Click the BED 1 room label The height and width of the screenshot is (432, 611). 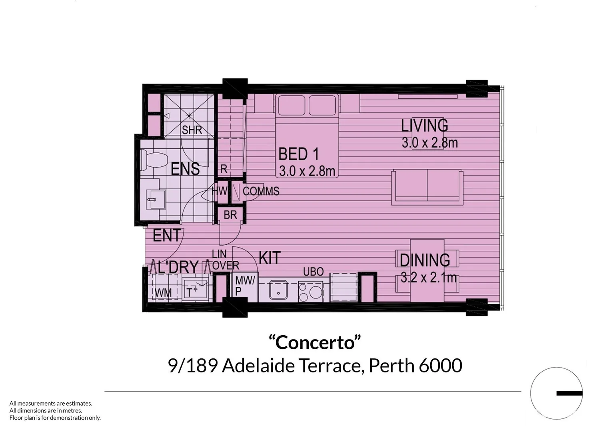coord(298,154)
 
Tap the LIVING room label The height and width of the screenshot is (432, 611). coord(424,126)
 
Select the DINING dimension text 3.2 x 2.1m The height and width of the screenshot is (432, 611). coord(428,277)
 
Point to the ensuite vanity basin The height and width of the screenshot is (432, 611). coord(152,199)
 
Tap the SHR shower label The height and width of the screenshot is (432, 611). coord(192,130)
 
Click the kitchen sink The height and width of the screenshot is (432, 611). coord(278,290)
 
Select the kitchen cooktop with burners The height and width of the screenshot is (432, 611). coord(311,291)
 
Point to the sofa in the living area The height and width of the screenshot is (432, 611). coord(427,186)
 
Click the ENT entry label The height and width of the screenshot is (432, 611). coord(167,236)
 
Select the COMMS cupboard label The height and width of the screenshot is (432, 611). coord(261,191)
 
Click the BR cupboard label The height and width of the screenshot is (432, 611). coord(230,215)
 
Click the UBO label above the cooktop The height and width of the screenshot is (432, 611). coord(313,272)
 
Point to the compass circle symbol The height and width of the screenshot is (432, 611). coord(556,393)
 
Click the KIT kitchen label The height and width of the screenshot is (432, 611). coord(270,258)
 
